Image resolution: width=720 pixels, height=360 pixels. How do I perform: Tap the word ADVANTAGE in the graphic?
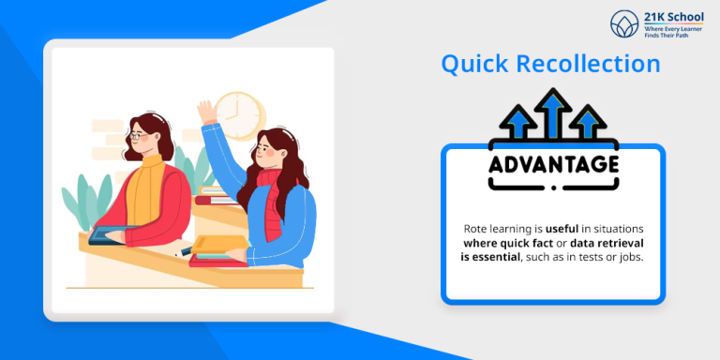point(553,165)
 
